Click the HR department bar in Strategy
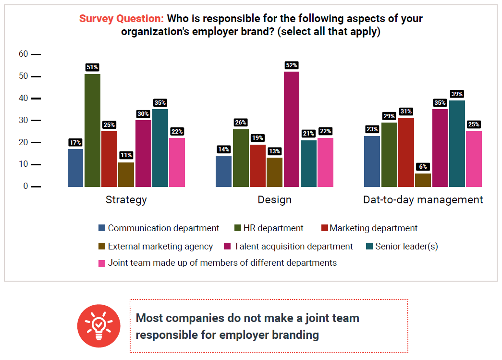(92, 130)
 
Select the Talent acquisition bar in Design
(291, 129)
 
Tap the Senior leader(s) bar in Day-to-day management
(457, 143)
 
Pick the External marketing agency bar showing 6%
(423, 180)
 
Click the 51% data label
(92, 67)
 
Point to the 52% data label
(292, 65)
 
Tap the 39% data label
(457, 94)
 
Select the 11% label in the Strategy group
(126, 155)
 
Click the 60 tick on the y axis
(24, 54)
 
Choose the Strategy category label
(126, 200)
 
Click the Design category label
(275, 200)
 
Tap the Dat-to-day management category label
(423, 200)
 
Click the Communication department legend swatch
(101, 228)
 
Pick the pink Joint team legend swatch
(101, 263)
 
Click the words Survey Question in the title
(122, 19)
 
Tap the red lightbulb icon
(98, 325)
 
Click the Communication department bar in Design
(223, 171)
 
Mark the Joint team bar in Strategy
(177, 162)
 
